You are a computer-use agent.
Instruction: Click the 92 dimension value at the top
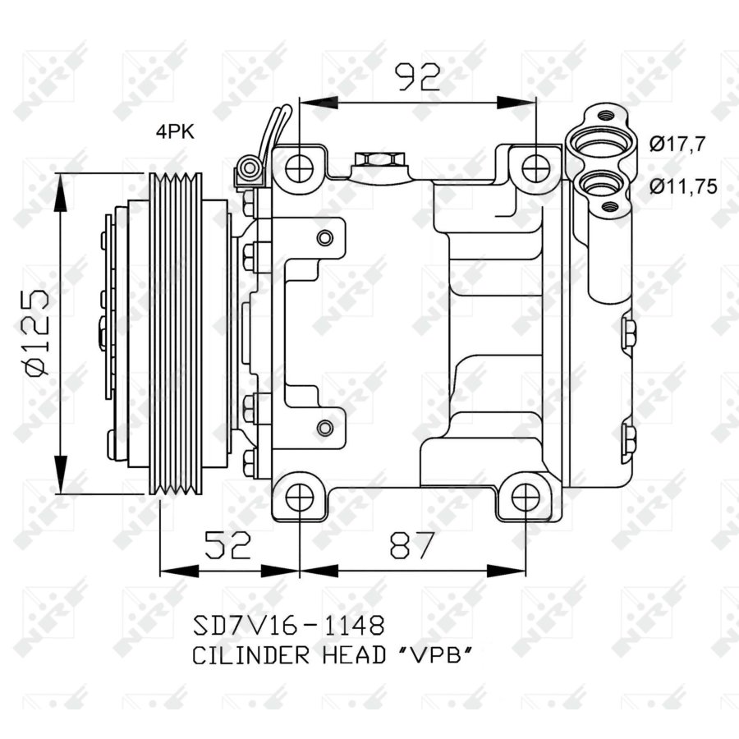pos(418,78)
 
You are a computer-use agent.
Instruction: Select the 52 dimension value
pos(227,544)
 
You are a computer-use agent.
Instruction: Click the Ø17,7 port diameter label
pos(676,145)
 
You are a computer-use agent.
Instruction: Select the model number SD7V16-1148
pos(287,627)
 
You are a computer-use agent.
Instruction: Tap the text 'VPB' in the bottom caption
pos(436,655)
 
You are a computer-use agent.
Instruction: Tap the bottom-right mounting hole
pos(526,496)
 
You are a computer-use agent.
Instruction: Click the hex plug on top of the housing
pos(379,158)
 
